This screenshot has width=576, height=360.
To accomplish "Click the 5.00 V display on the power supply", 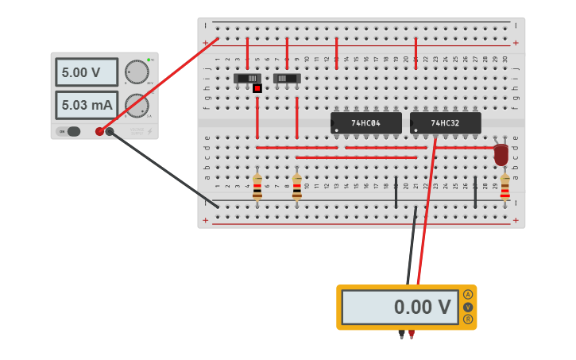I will (x=86, y=72).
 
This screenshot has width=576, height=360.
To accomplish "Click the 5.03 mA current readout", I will (x=86, y=105).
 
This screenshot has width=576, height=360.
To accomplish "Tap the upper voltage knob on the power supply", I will (x=137, y=72).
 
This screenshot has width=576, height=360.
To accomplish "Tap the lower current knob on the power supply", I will (x=137, y=106).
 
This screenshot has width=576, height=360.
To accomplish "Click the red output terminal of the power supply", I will (x=99, y=132).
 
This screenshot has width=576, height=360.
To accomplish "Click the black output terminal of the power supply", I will (x=110, y=132).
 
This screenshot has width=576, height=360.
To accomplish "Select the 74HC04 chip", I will (x=366, y=123).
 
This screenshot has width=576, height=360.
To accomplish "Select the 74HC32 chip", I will (x=445, y=123).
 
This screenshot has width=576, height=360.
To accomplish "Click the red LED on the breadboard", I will (x=501, y=154).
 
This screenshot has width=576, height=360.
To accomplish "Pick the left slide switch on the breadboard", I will (x=247, y=78).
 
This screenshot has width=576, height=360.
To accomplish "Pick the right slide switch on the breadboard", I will (x=286, y=78).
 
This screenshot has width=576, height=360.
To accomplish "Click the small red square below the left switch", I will (x=257, y=88).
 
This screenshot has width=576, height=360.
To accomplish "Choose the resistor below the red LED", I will (x=504, y=188).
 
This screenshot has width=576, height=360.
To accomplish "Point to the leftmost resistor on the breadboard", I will (x=257, y=188).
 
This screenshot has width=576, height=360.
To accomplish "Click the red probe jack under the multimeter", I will (x=412, y=334).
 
